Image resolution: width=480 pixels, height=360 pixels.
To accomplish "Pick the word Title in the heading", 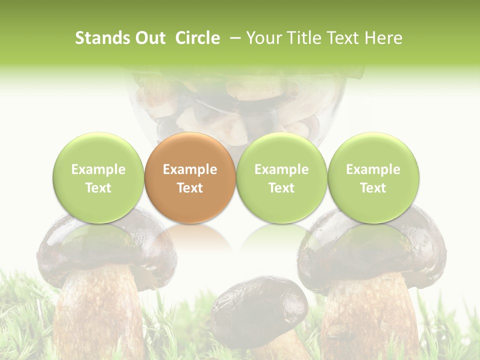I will point(304,38).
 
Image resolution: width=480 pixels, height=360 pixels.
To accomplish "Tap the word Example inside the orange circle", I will point(189,169).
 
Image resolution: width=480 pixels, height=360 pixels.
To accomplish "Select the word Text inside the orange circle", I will point(189,188).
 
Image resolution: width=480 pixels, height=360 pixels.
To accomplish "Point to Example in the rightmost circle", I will point(373,169).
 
